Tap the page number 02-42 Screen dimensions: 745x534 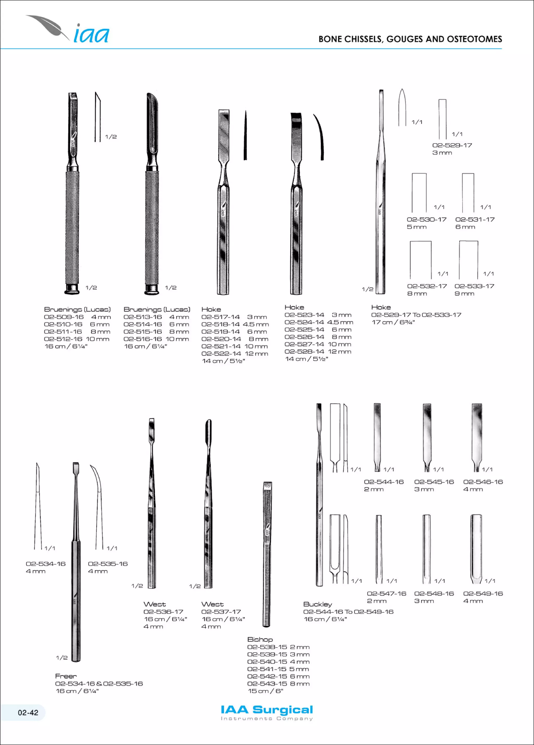pos(28,712)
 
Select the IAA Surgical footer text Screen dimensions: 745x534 pos(267,710)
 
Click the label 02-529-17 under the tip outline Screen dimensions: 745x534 pos(452,145)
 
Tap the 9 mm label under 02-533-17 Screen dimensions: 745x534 pos(464,293)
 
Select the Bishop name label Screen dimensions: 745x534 pos(260,639)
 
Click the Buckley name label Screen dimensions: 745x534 pos(318,604)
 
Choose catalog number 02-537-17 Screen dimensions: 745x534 pos(221,612)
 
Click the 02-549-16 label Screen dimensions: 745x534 pos(483,593)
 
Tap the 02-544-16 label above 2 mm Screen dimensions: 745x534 pos(384,482)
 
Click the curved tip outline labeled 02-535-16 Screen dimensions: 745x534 pos(98,506)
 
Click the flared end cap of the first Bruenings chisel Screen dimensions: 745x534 pos(72,289)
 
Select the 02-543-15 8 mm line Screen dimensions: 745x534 pos(278,684)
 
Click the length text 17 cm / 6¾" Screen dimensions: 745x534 pos(393,322)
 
